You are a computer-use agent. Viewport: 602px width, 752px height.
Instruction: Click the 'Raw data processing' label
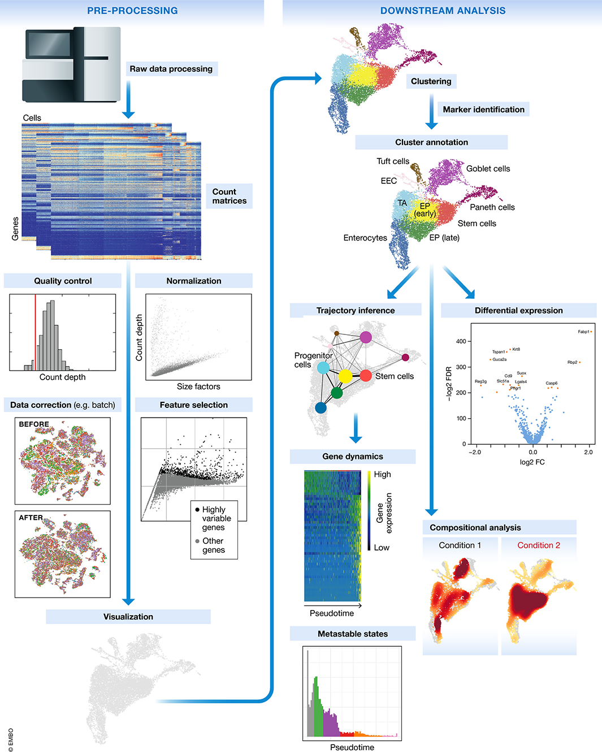(x=171, y=69)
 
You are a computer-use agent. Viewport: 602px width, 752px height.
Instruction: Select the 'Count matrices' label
(x=229, y=196)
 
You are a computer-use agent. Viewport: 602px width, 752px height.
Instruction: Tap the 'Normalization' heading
(x=194, y=281)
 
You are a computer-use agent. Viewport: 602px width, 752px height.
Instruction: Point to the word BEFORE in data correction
(x=34, y=424)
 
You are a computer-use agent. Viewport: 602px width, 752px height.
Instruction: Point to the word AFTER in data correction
(x=31, y=518)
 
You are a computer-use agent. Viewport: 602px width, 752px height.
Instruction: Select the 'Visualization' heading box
(x=128, y=617)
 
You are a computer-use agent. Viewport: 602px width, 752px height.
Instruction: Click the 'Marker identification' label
(x=483, y=110)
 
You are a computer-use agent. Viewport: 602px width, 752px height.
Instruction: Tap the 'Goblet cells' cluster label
(x=488, y=169)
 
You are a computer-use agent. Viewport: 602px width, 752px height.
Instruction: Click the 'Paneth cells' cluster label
(x=492, y=207)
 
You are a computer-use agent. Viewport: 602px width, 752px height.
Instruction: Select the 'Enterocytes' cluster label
(x=365, y=238)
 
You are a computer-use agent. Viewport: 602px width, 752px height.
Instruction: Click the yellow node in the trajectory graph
(x=345, y=376)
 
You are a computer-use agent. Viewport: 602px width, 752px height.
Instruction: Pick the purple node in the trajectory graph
(x=366, y=337)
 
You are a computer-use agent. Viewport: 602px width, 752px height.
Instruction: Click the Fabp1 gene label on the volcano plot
(x=583, y=332)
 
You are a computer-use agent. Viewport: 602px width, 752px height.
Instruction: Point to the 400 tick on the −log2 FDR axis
(x=461, y=341)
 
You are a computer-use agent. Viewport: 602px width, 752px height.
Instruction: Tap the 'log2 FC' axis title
(x=532, y=462)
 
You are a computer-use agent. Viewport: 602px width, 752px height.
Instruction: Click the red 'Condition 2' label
(x=539, y=545)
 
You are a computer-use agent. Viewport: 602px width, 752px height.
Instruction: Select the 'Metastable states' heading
(x=353, y=634)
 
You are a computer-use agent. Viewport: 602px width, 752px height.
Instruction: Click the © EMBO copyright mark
(x=11, y=740)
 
